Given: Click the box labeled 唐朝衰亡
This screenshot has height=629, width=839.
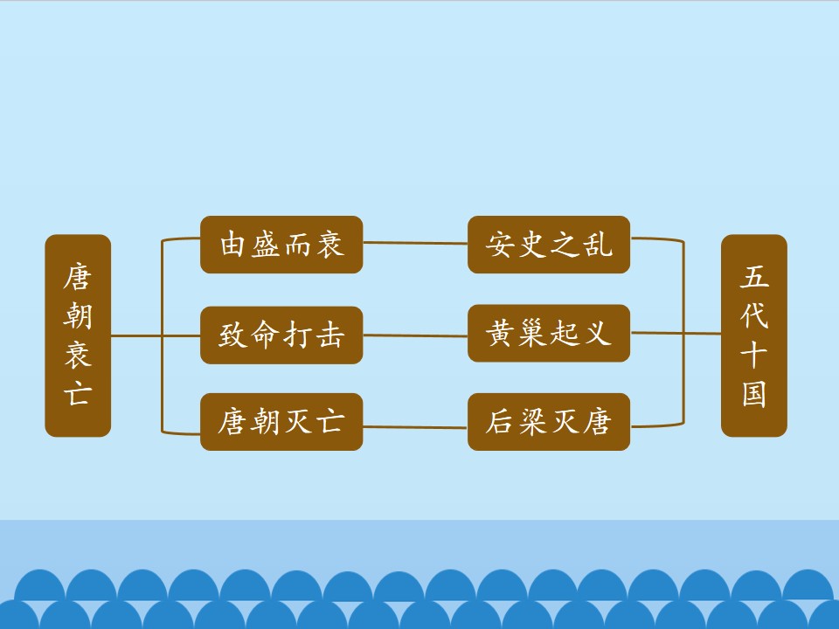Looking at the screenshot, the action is (x=78, y=335).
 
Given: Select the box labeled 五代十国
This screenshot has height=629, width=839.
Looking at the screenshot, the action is (x=754, y=335).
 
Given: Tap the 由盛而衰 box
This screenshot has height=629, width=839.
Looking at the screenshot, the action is (x=281, y=245).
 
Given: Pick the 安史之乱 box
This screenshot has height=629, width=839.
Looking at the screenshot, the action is (x=549, y=245).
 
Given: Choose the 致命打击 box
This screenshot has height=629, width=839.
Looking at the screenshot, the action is (x=281, y=335).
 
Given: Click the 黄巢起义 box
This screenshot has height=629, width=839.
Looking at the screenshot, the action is (x=549, y=333).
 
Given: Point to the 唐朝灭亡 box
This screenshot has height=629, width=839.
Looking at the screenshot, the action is (x=281, y=422).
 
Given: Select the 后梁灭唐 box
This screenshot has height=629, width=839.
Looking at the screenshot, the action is (x=549, y=422).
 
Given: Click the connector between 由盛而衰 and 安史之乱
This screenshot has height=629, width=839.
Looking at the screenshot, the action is (x=415, y=243).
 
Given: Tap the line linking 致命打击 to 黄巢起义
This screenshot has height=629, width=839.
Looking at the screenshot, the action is (x=415, y=335).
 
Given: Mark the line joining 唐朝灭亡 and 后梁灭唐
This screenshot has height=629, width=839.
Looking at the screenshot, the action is (x=415, y=427).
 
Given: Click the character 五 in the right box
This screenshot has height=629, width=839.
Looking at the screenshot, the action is (x=754, y=277).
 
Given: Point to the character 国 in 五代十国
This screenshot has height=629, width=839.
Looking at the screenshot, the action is (x=754, y=394).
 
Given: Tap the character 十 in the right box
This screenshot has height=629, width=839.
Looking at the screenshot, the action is (x=754, y=355).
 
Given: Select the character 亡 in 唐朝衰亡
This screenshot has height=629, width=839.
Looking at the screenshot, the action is (x=78, y=394).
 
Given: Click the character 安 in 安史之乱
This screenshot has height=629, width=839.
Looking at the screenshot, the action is (x=501, y=245).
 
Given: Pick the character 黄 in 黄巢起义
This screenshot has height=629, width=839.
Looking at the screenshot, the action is (x=501, y=333).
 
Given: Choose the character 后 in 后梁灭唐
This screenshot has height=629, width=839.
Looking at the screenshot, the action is (x=501, y=422).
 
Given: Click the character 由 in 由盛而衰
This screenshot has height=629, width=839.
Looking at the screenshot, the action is (x=234, y=245).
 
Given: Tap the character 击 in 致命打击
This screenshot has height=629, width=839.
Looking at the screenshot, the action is (x=329, y=335).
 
